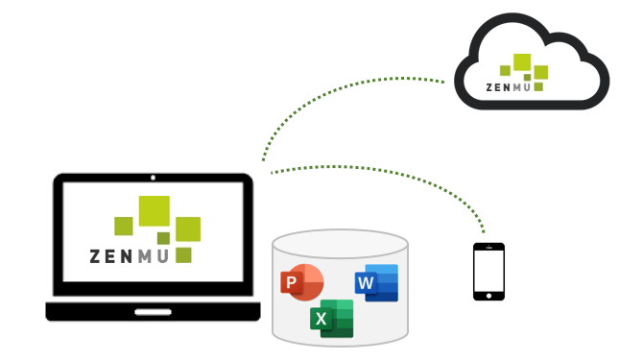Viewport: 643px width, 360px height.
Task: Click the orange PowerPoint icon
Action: click(300, 281)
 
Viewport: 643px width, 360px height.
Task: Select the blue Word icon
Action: click(376, 282)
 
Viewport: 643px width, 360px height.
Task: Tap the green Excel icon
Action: click(332, 318)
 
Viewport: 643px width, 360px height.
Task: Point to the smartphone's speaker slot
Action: click(488, 249)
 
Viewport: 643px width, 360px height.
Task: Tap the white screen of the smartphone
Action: click(488, 272)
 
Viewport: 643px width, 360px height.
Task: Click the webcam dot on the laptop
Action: click(154, 178)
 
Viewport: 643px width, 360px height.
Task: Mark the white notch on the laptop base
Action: click(154, 311)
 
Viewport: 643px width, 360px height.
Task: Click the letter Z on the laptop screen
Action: click(95, 256)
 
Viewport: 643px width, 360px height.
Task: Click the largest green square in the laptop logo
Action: click(154, 211)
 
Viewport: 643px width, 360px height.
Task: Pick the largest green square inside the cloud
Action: click(522, 62)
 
